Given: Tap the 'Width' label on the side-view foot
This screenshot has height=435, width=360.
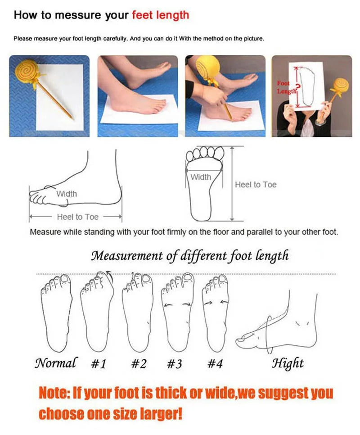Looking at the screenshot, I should point(67,194).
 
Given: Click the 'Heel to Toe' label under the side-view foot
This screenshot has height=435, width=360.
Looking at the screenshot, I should point(77,217).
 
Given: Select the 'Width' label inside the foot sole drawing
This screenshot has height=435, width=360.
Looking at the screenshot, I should point(201,177).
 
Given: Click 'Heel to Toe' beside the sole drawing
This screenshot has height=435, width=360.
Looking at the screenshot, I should point(256,185).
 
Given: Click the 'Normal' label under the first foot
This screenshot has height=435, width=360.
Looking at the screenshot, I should point(56,362).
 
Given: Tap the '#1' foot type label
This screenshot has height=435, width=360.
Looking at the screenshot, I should point(99,363).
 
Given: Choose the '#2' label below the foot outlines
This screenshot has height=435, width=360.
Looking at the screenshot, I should point(139,363).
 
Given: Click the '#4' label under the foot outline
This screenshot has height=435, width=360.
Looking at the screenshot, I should point(215,363).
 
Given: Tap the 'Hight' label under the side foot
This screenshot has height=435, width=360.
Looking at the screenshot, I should point(288,363).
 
